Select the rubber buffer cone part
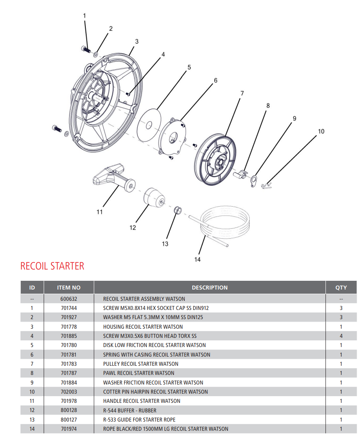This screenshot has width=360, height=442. [153, 197]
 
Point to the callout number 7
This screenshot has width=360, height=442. [242, 93]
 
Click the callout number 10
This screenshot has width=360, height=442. [321, 131]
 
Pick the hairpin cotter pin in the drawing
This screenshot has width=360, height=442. [266, 185]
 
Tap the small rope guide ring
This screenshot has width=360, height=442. [177, 210]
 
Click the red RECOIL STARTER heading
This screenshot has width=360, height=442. [52, 266]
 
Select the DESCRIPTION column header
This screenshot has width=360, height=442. [209, 287]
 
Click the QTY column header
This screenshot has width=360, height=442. [341, 287]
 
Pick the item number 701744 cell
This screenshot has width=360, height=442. [69, 308]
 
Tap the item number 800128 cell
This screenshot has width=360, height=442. [69, 410]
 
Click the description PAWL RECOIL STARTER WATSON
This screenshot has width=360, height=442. [139, 373]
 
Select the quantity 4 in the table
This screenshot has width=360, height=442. [341, 336]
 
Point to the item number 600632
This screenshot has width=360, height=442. [69, 299]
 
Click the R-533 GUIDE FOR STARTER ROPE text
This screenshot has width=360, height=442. [139, 420]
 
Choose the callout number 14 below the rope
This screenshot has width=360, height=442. [197, 260]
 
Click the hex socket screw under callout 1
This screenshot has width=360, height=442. [86, 49]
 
